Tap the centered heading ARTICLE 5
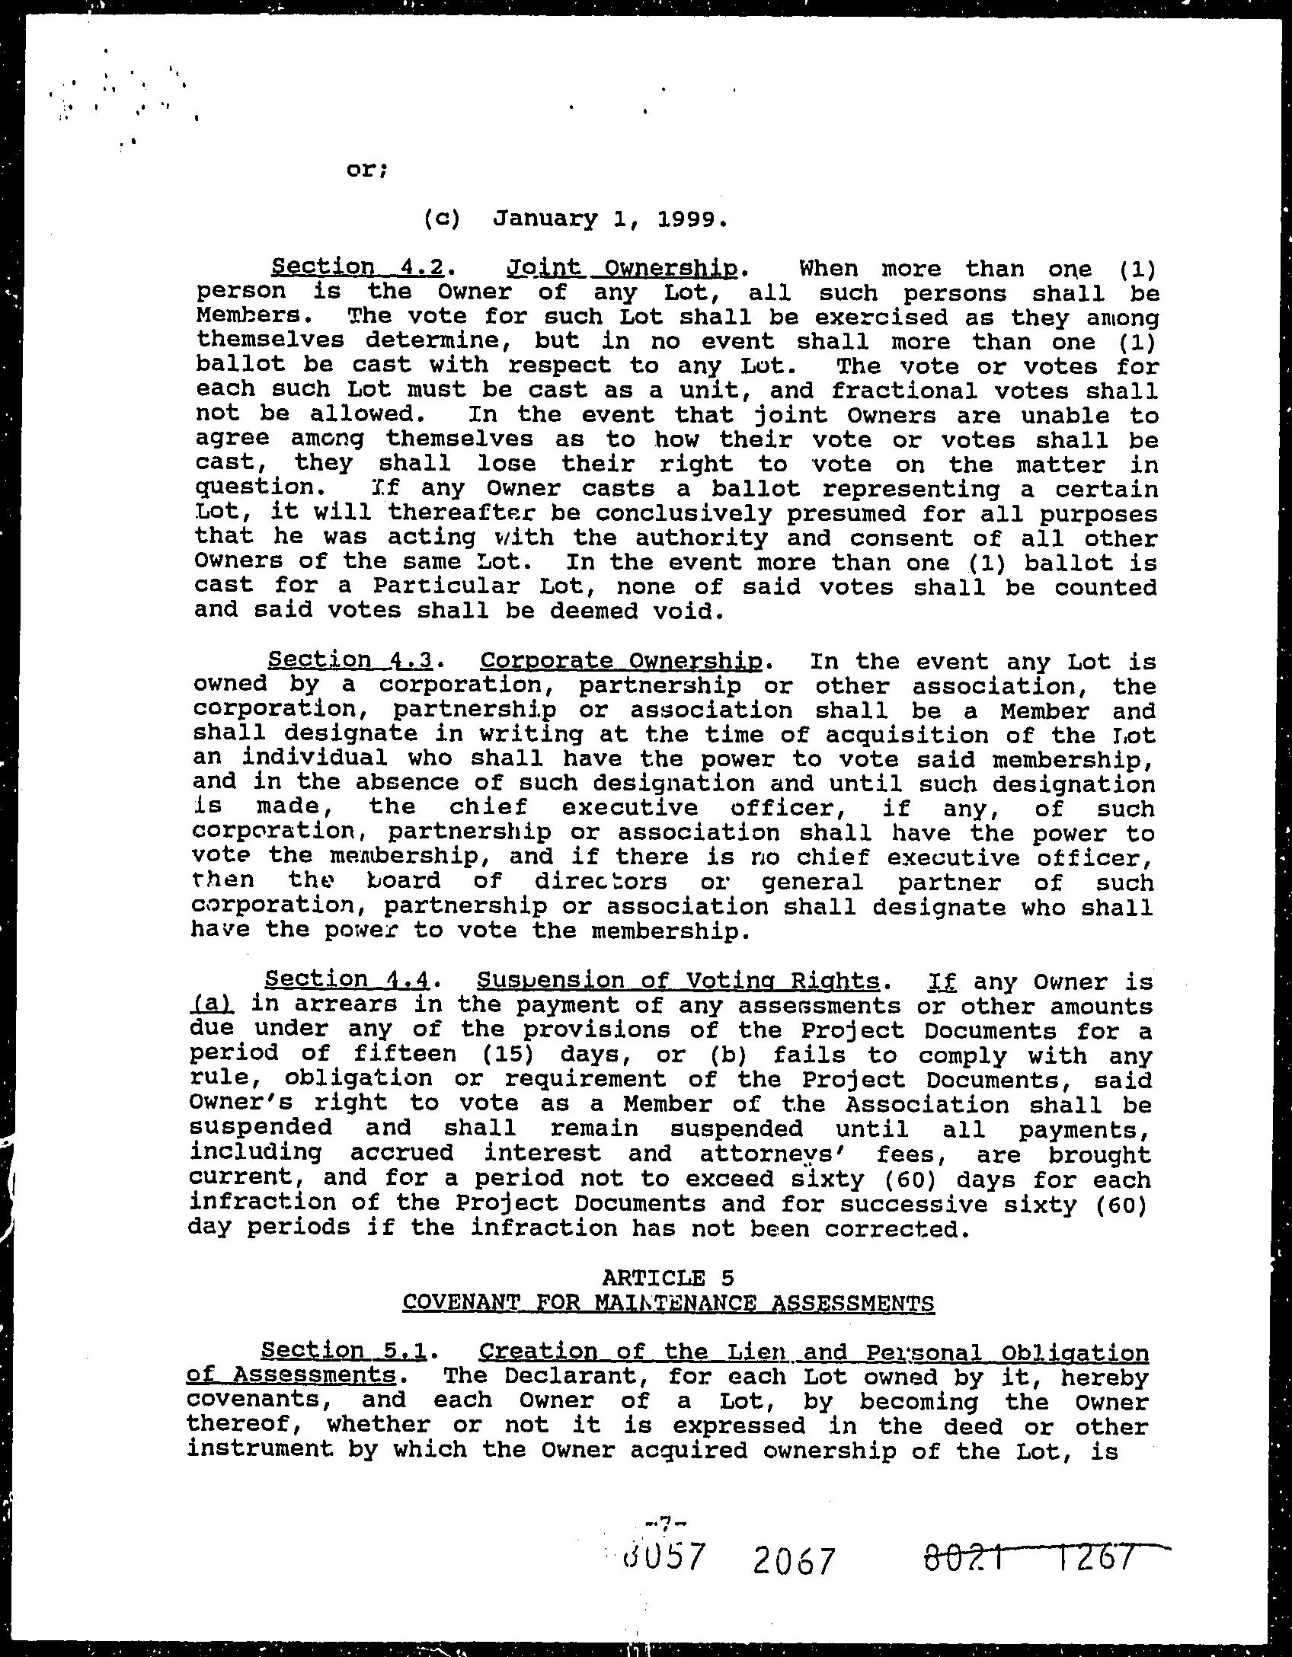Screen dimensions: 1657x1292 667,1277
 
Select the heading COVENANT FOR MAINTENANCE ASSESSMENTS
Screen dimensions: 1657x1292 668,1302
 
